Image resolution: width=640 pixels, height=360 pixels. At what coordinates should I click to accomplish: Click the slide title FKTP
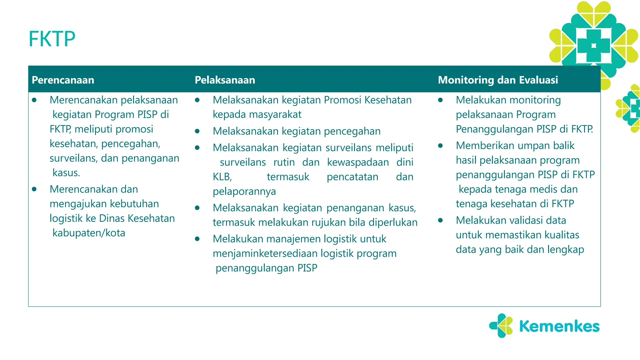(52, 39)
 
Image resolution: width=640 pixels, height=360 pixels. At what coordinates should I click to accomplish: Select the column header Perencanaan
(63, 80)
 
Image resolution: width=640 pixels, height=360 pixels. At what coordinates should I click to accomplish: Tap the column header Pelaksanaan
(225, 80)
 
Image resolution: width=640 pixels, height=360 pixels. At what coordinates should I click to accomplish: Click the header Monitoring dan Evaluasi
(498, 80)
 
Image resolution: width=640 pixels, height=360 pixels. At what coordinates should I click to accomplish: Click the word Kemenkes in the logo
(559, 326)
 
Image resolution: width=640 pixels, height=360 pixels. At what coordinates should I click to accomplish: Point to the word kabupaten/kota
(89, 233)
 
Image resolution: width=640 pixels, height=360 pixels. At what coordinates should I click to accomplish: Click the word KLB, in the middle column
(222, 177)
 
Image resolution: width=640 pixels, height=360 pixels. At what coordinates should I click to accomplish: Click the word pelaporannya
(244, 191)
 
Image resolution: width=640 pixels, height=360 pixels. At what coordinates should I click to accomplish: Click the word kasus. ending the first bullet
(66, 173)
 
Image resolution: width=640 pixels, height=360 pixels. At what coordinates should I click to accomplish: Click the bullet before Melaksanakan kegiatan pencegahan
(197, 131)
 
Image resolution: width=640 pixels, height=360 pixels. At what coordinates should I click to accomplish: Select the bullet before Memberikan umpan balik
(440, 146)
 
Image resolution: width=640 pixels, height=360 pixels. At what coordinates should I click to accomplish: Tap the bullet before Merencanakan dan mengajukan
(34, 189)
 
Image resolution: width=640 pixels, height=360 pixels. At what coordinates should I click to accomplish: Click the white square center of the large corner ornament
(593, 46)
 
